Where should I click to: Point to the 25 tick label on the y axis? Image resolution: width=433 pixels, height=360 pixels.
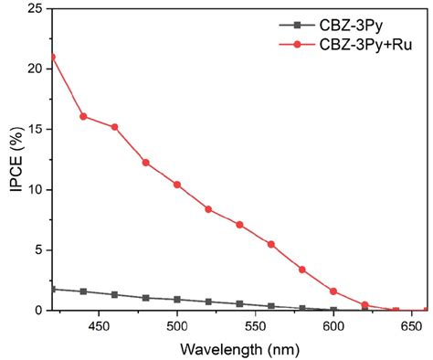[35, 9]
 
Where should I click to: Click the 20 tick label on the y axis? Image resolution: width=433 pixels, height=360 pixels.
[35, 69]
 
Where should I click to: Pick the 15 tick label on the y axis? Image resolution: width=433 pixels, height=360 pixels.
[35, 130]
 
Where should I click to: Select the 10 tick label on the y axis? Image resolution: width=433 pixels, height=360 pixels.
[35, 190]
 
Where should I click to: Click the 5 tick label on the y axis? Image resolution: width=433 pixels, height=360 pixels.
[38, 250]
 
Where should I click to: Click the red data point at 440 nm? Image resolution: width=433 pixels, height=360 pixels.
[83, 116]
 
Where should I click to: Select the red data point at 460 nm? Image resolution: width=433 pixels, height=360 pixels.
[114, 127]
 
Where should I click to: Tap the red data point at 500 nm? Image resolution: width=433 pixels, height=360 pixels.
[177, 185]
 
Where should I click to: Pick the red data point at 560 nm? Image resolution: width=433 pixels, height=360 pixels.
[270, 244]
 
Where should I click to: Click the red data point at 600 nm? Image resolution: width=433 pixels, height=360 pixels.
[333, 291]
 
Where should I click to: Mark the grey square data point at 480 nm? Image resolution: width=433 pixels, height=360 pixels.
[146, 298]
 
